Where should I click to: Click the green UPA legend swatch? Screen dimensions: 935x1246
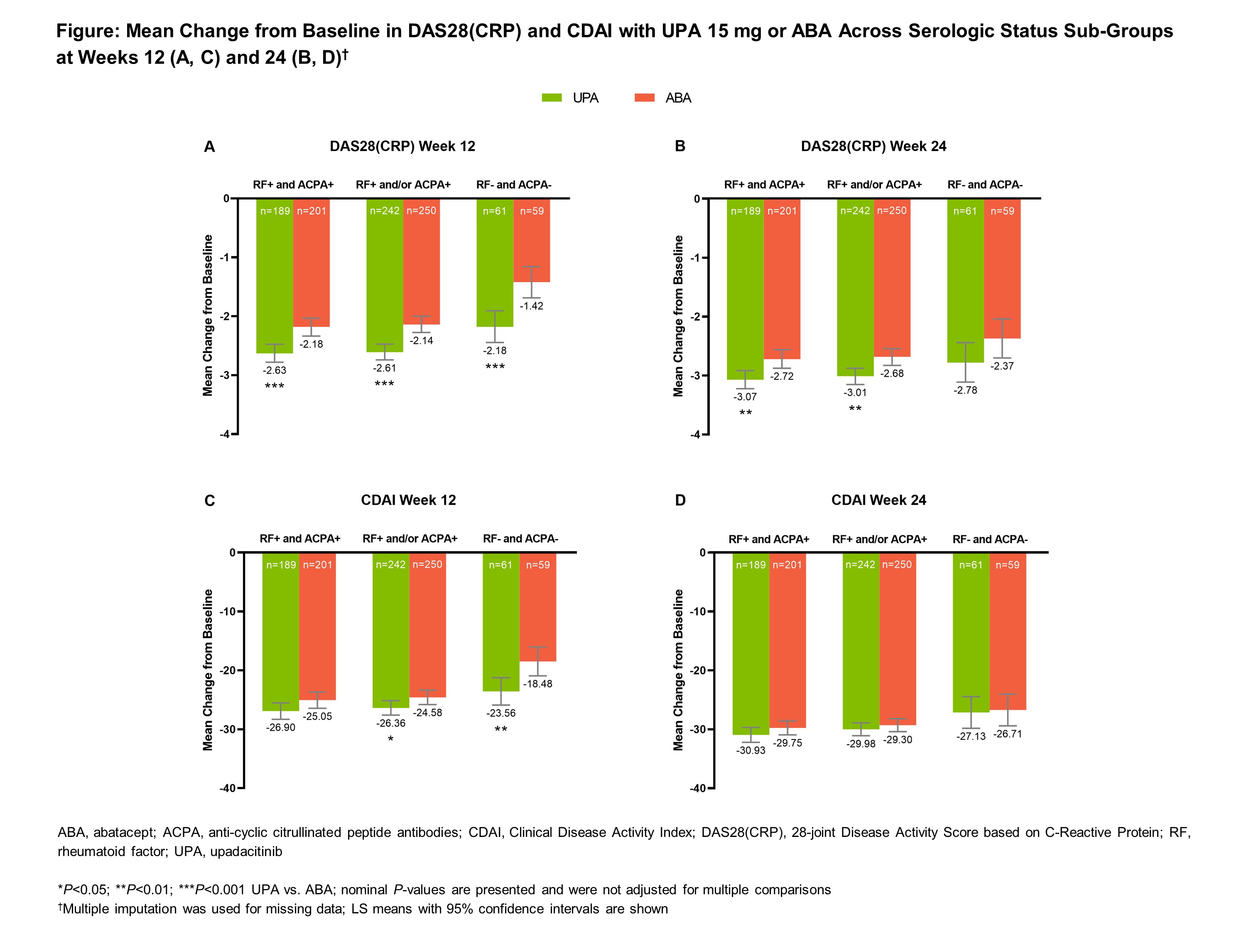[552, 98]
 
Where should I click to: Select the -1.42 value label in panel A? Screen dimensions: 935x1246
[531, 306]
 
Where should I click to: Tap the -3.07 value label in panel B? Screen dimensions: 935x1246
[745, 397]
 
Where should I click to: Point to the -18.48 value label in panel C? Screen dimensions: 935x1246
[537, 684]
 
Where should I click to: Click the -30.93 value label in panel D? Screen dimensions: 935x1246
[751, 751]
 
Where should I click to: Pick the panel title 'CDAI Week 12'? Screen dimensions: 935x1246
[408, 500]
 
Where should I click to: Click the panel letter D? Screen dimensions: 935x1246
[680, 500]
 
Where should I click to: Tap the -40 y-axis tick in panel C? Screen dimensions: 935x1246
[228, 788]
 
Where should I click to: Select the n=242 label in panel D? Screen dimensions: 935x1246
[860, 565]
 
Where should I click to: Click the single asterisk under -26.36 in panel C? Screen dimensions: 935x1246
[390, 739]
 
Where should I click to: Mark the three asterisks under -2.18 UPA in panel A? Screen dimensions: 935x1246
[495, 367]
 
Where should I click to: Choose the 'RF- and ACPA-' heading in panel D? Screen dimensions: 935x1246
[990, 539]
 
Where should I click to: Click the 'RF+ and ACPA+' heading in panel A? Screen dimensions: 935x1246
[293, 185]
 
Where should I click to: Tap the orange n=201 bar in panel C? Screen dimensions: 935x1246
[317, 631]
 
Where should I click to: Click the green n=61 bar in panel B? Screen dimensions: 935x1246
[965, 282]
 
